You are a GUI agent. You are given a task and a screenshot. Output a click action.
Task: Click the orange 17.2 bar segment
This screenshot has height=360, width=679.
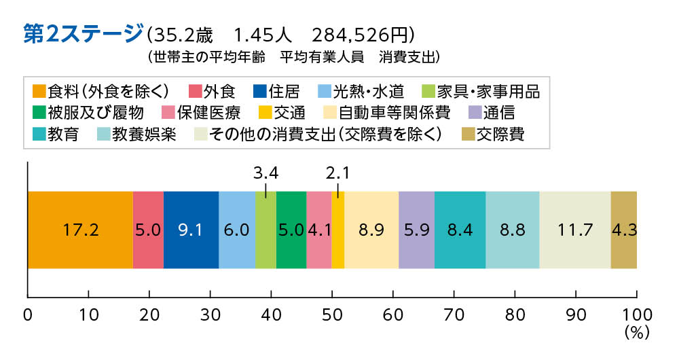80,230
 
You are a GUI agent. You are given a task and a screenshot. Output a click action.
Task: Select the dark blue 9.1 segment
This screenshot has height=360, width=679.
191,230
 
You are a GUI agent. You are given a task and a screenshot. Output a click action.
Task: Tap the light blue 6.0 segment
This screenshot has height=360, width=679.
236,230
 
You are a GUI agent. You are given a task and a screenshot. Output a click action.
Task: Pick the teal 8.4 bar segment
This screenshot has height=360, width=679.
460,230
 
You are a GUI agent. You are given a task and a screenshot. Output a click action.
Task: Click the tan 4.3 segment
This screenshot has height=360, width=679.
623,230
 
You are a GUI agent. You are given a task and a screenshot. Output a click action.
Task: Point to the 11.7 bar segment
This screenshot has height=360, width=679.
575,230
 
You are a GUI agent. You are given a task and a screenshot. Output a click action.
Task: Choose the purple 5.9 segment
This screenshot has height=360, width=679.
416,230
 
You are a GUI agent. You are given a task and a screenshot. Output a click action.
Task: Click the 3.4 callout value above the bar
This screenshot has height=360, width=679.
265,171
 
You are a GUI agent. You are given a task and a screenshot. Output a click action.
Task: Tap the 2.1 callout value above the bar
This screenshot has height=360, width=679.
337,171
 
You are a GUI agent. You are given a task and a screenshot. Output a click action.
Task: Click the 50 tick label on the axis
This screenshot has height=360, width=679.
332,314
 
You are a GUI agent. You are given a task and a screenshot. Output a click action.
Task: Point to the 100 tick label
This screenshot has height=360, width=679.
636,314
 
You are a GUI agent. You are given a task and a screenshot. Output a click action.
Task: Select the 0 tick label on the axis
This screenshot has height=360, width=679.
28,314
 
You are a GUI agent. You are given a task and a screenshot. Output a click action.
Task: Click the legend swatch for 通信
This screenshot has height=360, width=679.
475,112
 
